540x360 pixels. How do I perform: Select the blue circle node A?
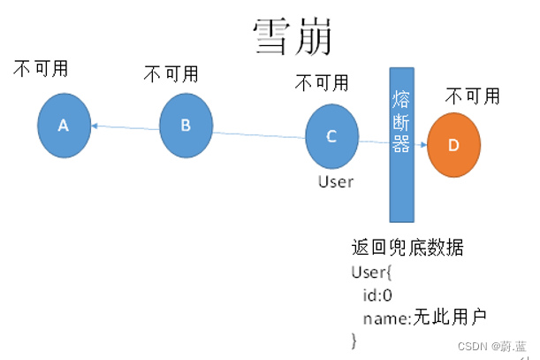[64, 126]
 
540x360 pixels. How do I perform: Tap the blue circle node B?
[186, 125]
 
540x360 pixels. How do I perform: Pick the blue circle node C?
[331, 136]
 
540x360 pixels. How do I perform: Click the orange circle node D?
[453, 146]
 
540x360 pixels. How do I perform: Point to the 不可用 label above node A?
[41, 69]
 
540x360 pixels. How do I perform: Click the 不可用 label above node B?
[171, 73]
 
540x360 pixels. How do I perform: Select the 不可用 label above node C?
[322, 83]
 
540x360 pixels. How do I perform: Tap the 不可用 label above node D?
[473, 96]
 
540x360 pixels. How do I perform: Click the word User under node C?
[335, 181]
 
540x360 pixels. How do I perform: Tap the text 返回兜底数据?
[407, 247]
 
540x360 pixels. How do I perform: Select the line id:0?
[378, 294]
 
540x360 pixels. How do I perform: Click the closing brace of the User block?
[354, 339]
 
